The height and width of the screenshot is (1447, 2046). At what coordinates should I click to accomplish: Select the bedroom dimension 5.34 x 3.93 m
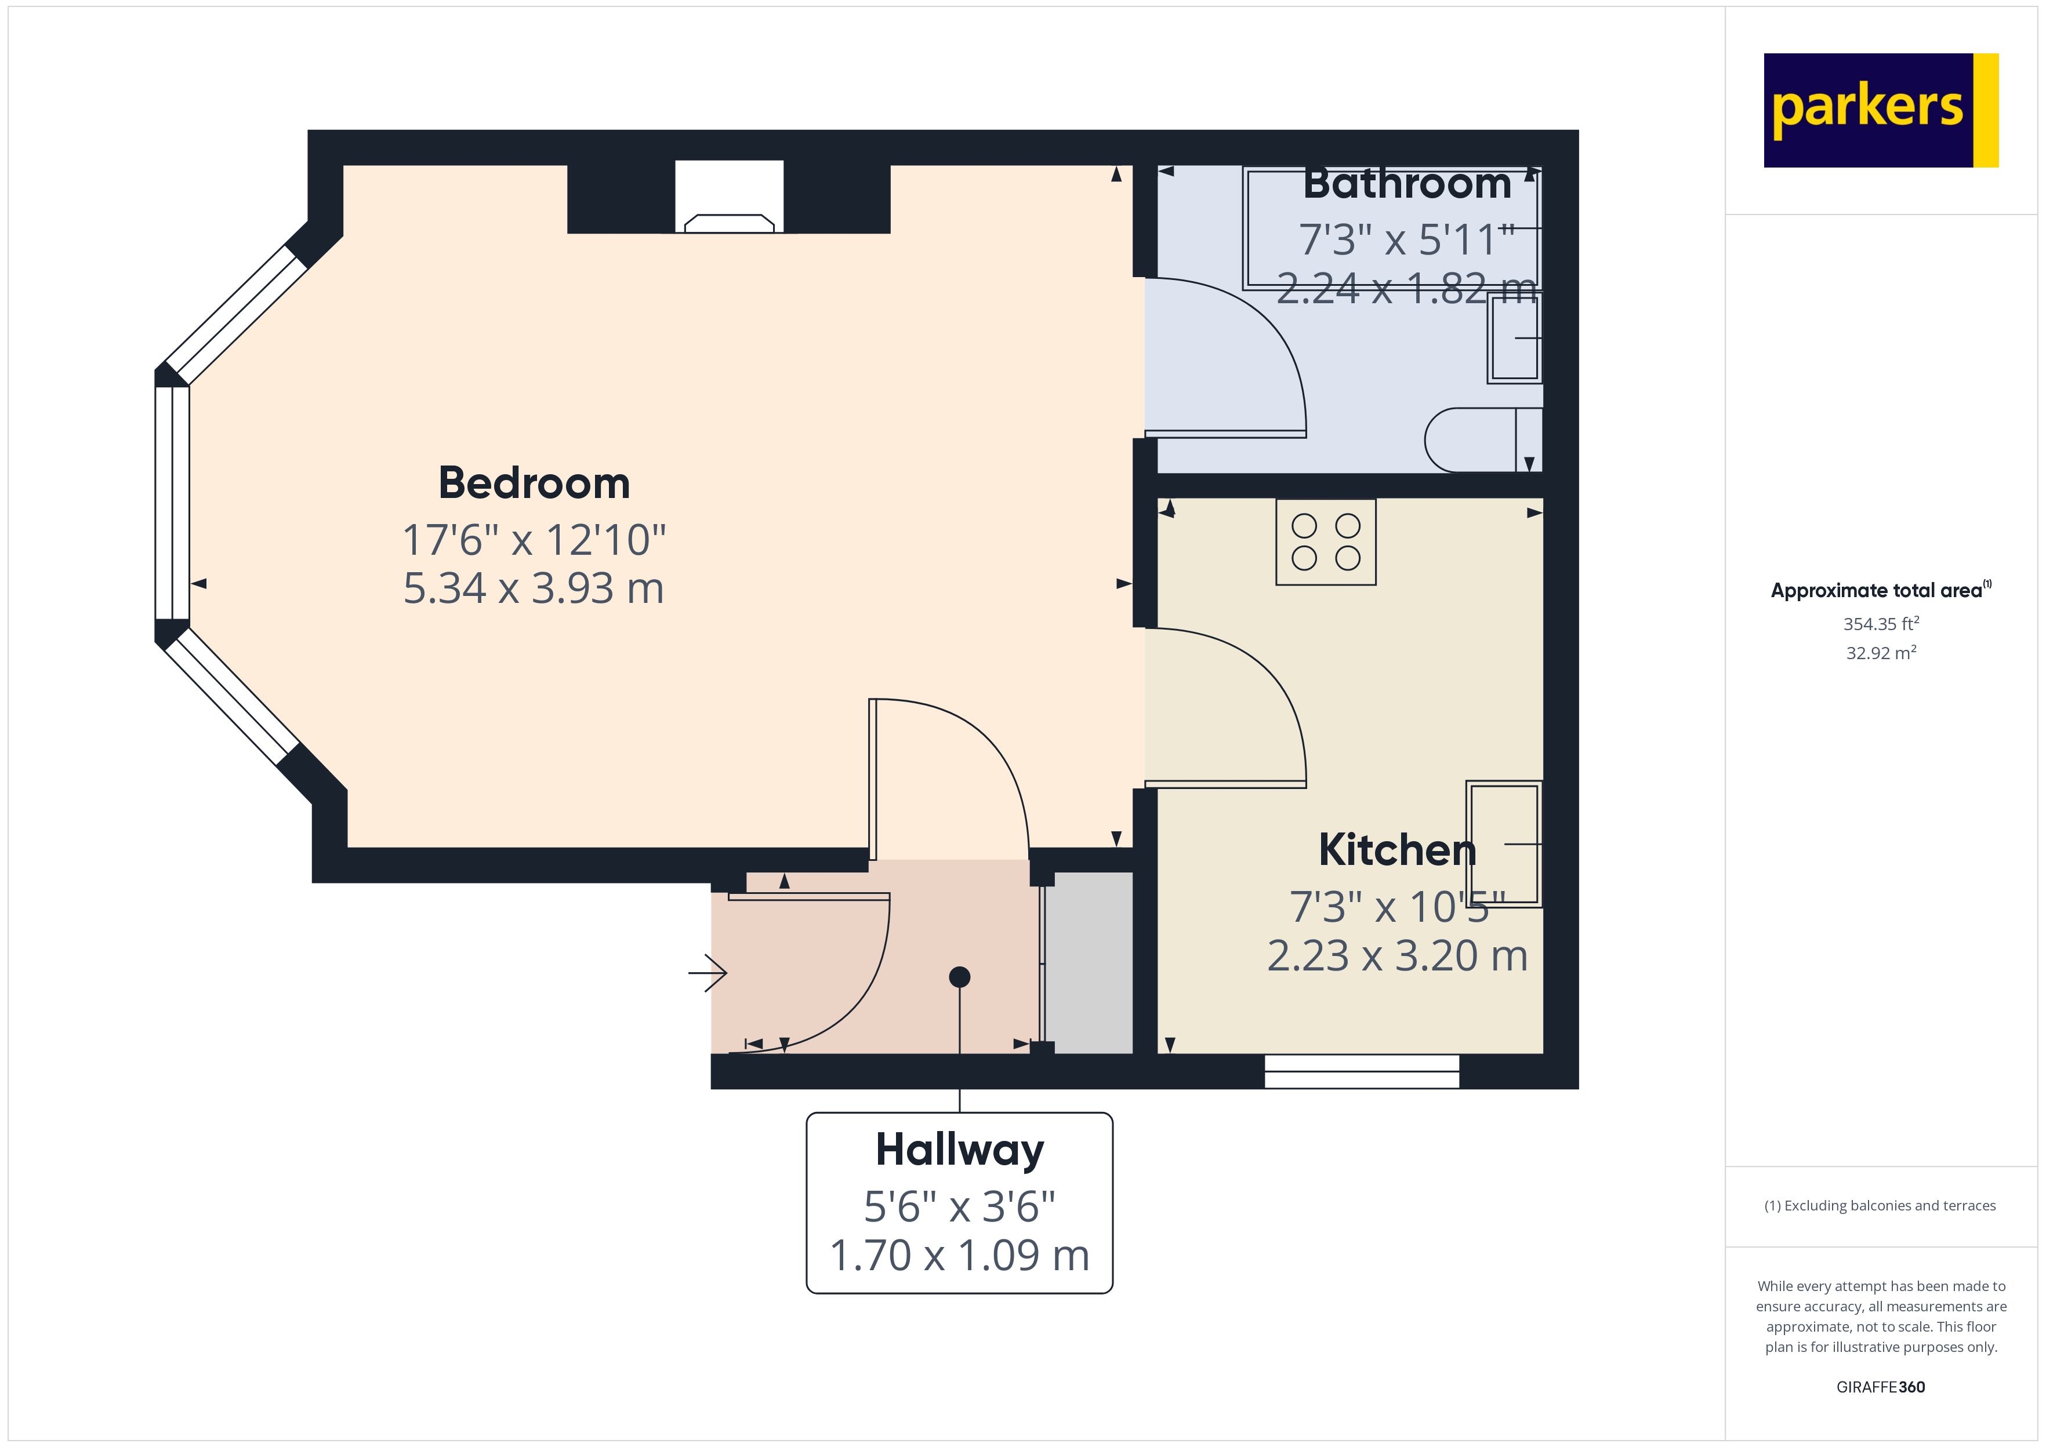[534, 588]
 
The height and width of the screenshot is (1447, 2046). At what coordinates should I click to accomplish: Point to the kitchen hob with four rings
[1325, 541]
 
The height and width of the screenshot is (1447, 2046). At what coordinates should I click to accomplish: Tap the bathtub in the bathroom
[1390, 227]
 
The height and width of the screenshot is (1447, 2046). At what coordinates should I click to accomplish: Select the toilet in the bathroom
[1479, 440]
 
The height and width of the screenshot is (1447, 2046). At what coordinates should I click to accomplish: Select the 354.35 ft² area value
[1880, 624]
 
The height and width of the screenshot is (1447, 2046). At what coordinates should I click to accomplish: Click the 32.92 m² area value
[1880, 653]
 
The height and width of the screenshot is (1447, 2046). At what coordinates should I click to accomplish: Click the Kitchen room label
[1396, 850]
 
